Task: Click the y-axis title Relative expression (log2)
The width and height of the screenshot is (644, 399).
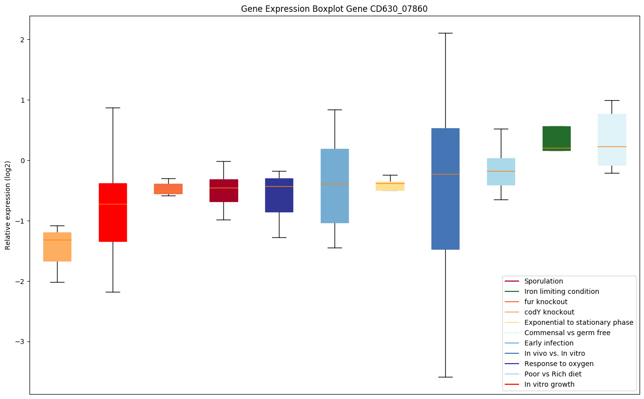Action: pyautogui.click(x=8, y=205)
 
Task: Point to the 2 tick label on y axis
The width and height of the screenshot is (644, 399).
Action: pyautogui.click(x=22, y=39)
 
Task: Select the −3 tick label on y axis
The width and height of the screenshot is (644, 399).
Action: pyautogui.click(x=20, y=342)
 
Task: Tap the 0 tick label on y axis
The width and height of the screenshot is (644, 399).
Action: pyautogui.click(x=22, y=160)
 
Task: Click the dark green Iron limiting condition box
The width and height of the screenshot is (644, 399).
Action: pyautogui.click(x=556, y=138)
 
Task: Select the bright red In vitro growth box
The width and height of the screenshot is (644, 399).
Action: pyautogui.click(x=113, y=212)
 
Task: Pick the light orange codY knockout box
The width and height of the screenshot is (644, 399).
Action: pyautogui.click(x=57, y=247)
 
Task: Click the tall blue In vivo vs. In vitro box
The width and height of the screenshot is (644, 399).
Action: pyautogui.click(x=445, y=189)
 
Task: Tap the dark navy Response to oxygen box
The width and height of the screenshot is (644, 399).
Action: pyautogui.click(x=279, y=195)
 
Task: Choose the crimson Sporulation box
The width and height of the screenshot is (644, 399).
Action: pyautogui.click(x=223, y=190)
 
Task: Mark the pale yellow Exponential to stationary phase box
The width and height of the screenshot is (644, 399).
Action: pyautogui.click(x=390, y=186)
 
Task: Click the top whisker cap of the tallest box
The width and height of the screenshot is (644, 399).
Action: pyautogui.click(x=445, y=33)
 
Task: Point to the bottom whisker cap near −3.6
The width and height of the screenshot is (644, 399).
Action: pyautogui.click(x=445, y=377)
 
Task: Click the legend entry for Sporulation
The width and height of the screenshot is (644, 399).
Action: pyautogui.click(x=544, y=281)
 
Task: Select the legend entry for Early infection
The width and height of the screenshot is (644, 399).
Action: pyautogui.click(x=549, y=343)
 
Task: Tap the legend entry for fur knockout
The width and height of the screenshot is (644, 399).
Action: pyautogui.click(x=546, y=302)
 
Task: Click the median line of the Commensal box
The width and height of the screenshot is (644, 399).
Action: pyautogui.click(x=612, y=146)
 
